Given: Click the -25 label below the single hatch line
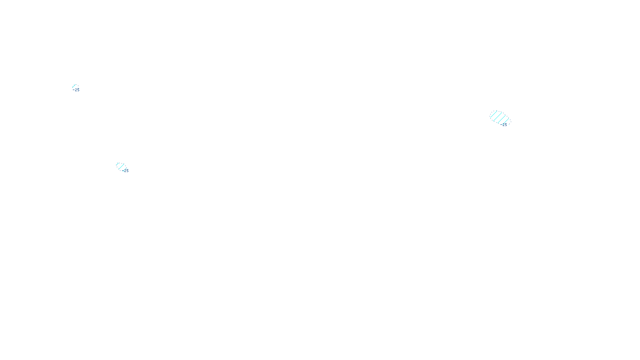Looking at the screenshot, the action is coord(76,90).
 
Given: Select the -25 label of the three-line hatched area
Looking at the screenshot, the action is coord(126,171).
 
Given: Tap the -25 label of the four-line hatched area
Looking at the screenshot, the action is coord(504,125).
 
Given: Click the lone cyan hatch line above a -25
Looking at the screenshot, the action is coord(74,86).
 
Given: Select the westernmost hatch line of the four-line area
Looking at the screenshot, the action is coord(494,114).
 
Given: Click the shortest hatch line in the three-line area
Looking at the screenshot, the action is coord(118,164).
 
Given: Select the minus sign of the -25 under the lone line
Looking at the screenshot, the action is coord(73,90).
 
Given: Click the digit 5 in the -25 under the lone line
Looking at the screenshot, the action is coord(78,90).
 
